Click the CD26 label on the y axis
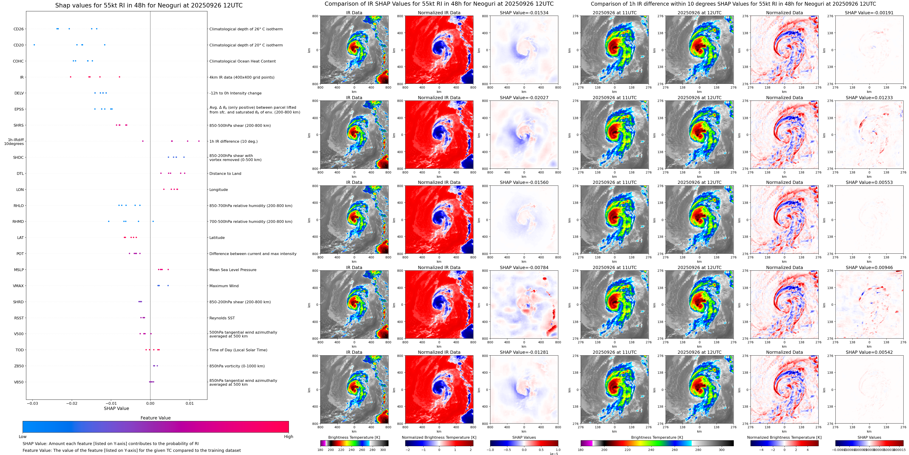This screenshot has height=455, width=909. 18,29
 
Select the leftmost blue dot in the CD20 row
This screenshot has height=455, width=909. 34,45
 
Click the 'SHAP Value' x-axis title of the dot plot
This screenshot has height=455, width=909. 116,408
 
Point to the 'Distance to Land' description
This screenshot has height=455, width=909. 225,174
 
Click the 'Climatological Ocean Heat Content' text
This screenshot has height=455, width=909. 242,61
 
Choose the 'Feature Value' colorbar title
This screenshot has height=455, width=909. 156,418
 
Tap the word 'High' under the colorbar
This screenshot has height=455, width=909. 289,437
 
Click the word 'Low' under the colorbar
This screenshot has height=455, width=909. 23,437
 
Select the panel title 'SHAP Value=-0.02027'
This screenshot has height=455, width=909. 524,98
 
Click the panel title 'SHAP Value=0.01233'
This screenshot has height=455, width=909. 869,98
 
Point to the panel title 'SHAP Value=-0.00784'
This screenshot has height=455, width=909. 524,267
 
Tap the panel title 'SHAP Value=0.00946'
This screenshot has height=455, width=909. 869,267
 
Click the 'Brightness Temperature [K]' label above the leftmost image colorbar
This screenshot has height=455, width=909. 354,437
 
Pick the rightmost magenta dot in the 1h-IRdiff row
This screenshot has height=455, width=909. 199,141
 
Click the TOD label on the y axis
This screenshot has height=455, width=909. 19,350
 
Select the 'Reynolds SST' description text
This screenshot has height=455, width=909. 222,318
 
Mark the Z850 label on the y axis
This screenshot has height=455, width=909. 19,366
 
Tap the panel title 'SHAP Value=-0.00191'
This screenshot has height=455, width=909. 869,13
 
